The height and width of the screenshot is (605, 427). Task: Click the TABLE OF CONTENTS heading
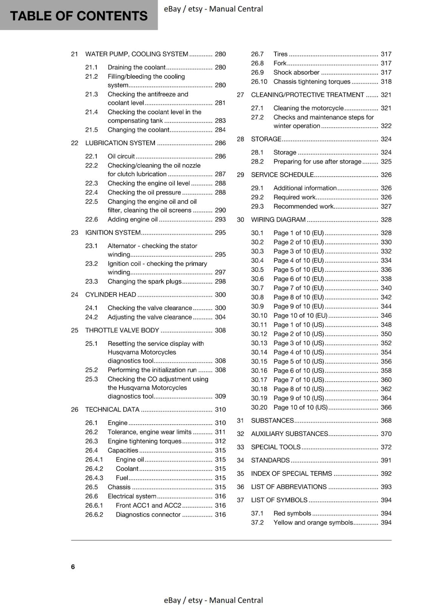click(x=79, y=16)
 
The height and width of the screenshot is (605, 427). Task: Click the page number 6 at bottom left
click(x=73, y=566)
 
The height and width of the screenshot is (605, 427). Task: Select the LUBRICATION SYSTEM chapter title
click(x=120, y=143)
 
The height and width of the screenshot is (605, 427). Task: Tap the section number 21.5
click(x=91, y=130)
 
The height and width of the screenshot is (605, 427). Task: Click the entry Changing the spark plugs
click(x=144, y=281)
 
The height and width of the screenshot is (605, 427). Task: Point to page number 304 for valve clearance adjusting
click(x=220, y=317)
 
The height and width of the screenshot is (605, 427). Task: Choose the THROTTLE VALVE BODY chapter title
click(x=122, y=330)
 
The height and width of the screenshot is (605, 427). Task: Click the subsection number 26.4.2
click(x=94, y=468)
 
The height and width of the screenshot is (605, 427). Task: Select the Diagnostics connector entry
click(x=148, y=515)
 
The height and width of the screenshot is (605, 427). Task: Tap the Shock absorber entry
click(x=296, y=72)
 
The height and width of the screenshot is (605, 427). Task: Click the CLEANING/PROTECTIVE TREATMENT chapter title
click(x=308, y=95)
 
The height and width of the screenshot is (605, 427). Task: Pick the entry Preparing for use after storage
click(x=317, y=161)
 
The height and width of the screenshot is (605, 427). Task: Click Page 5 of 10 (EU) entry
click(x=299, y=270)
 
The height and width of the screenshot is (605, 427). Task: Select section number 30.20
click(x=259, y=407)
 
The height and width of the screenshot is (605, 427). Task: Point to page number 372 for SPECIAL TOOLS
click(x=386, y=447)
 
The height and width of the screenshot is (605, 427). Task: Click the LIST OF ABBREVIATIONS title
click(x=289, y=487)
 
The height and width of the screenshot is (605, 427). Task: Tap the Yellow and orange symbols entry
click(x=313, y=523)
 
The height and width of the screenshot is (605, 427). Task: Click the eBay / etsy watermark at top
click(x=213, y=9)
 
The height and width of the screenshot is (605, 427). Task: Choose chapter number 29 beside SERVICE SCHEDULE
click(x=240, y=175)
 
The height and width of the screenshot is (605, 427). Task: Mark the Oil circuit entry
click(x=121, y=156)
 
